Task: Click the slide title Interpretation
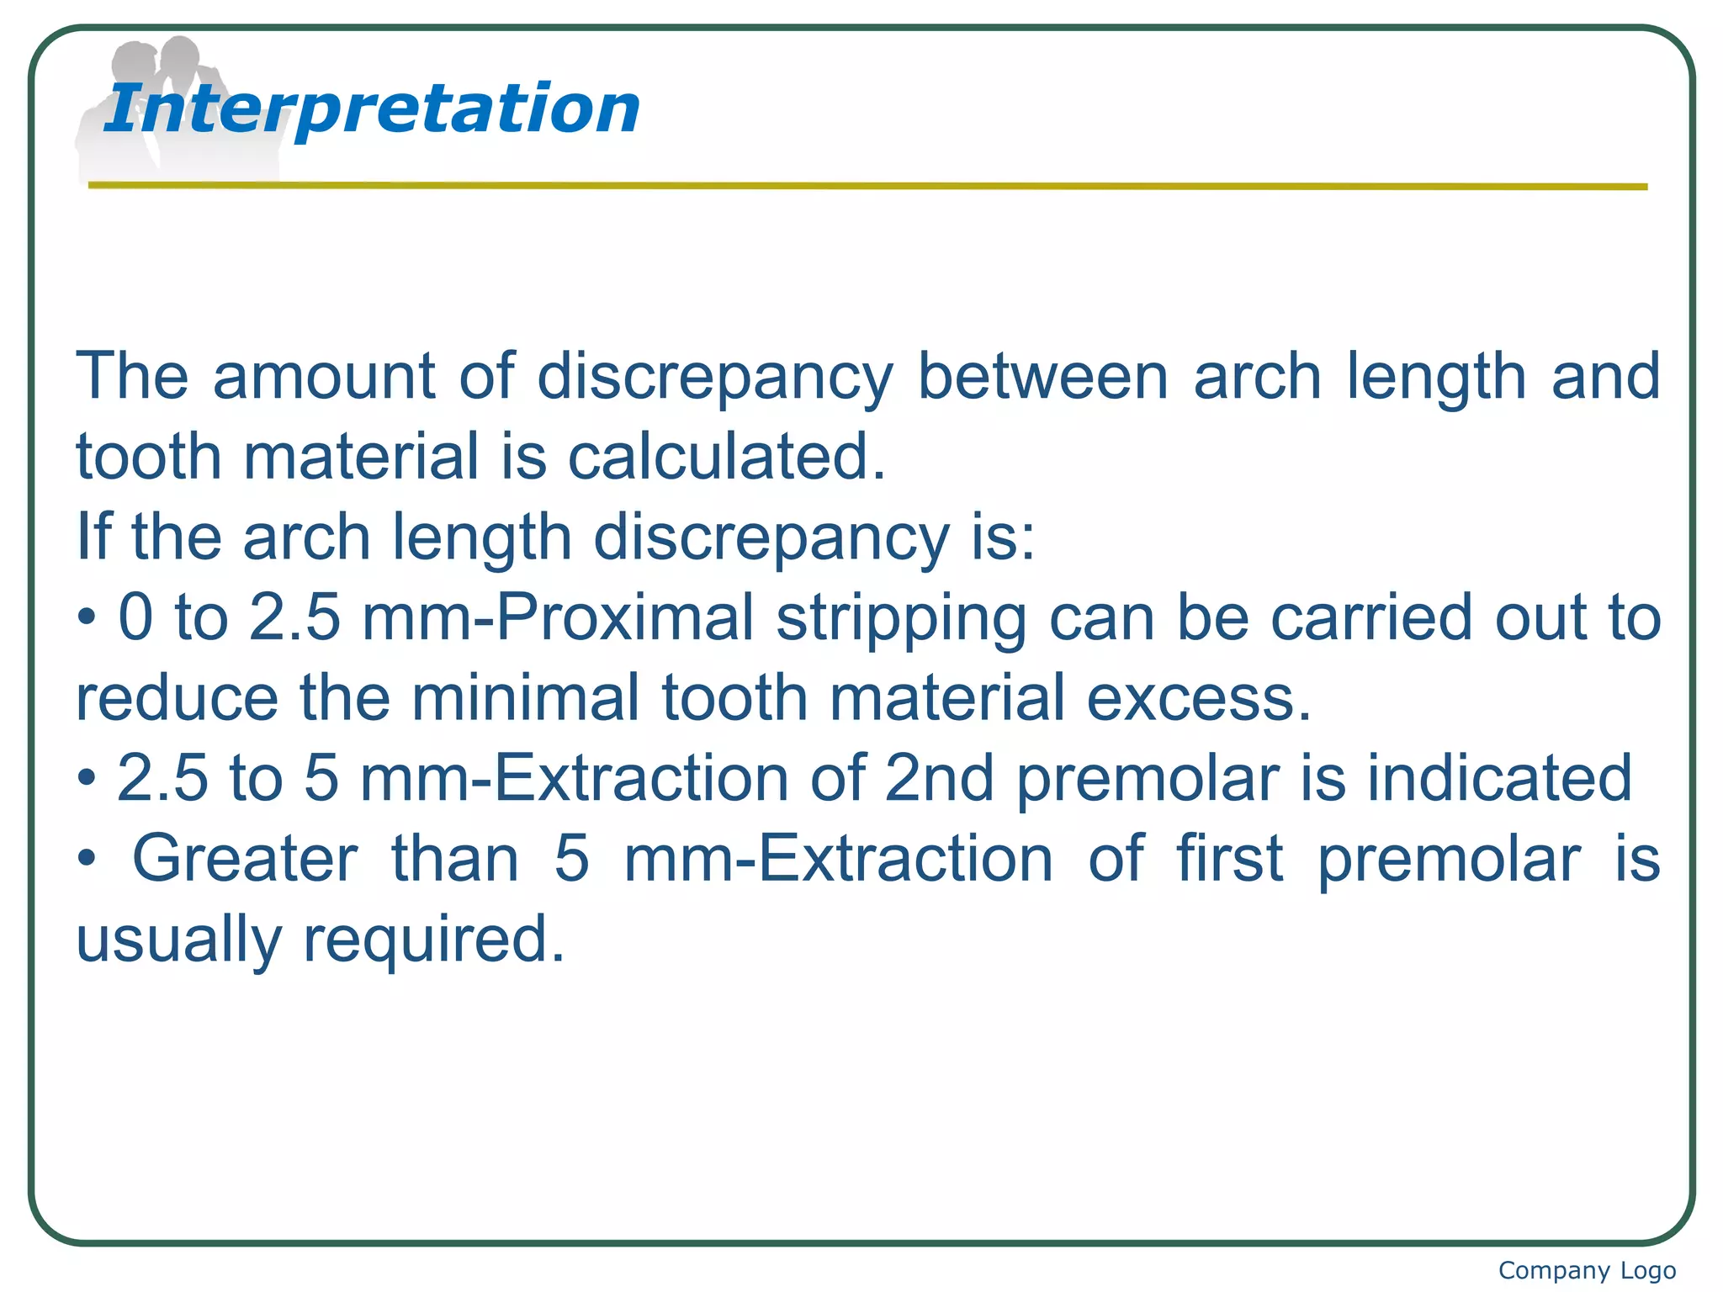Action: point(371,109)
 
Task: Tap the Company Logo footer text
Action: point(1587,1270)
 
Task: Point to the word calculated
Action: point(727,457)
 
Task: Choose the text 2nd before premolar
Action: point(940,779)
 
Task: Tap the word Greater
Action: point(245,860)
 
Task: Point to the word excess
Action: point(1199,699)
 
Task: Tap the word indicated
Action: point(1498,779)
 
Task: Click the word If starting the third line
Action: point(93,537)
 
